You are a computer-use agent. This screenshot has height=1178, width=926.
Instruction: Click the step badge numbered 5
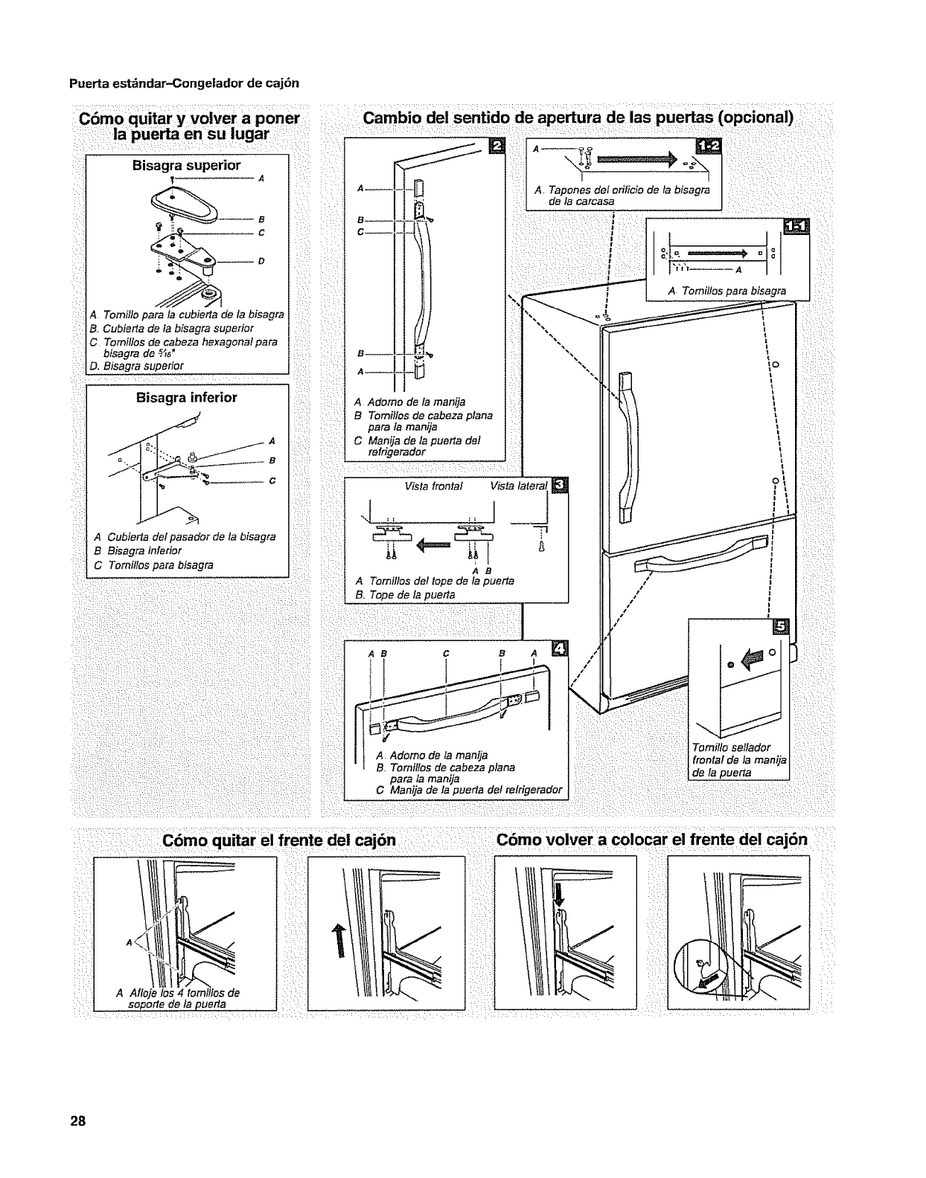(x=780, y=626)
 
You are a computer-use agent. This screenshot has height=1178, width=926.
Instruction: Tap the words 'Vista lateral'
(x=518, y=486)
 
